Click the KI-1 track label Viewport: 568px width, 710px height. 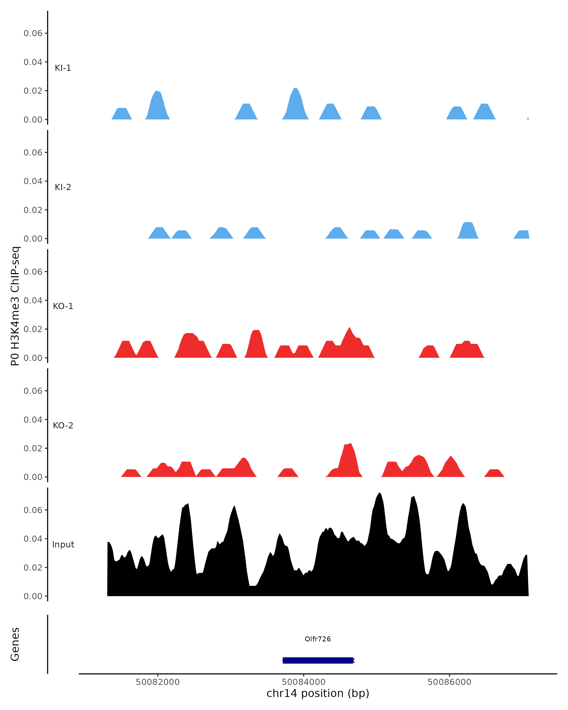(62, 68)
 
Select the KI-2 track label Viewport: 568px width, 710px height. (62, 187)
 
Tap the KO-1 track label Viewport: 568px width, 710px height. (63, 306)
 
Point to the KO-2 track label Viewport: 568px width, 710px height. (63, 426)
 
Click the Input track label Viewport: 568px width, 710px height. (63, 545)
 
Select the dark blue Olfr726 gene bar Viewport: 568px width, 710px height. (318, 660)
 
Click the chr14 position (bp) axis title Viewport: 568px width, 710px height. (318, 693)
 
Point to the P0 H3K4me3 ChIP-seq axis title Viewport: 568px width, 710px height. (15, 306)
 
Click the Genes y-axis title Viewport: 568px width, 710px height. (15, 644)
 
